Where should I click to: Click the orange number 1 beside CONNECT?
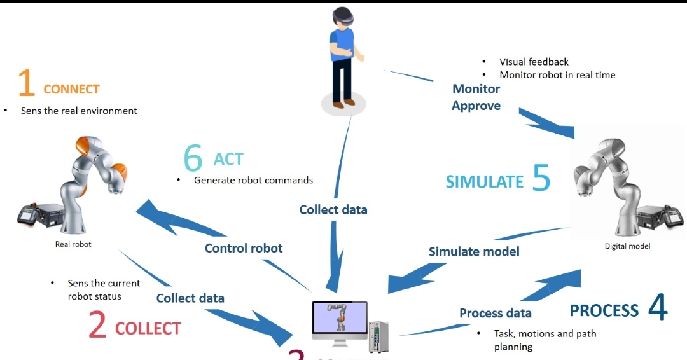(x=26, y=83)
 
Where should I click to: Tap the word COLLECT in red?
(x=148, y=328)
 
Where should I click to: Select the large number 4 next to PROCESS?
(x=658, y=307)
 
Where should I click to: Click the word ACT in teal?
(x=228, y=159)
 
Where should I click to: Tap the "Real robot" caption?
(x=73, y=244)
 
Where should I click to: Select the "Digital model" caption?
(x=627, y=246)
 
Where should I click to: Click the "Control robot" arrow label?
(x=244, y=248)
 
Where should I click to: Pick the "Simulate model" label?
(x=474, y=251)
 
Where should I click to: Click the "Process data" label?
(x=496, y=313)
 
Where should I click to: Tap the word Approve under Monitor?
(x=476, y=106)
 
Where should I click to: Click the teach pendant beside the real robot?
(x=27, y=215)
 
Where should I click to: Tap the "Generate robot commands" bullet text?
(x=253, y=180)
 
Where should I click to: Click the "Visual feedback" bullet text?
(x=534, y=62)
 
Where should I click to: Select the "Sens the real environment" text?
(x=79, y=111)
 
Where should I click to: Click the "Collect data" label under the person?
(x=333, y=209)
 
